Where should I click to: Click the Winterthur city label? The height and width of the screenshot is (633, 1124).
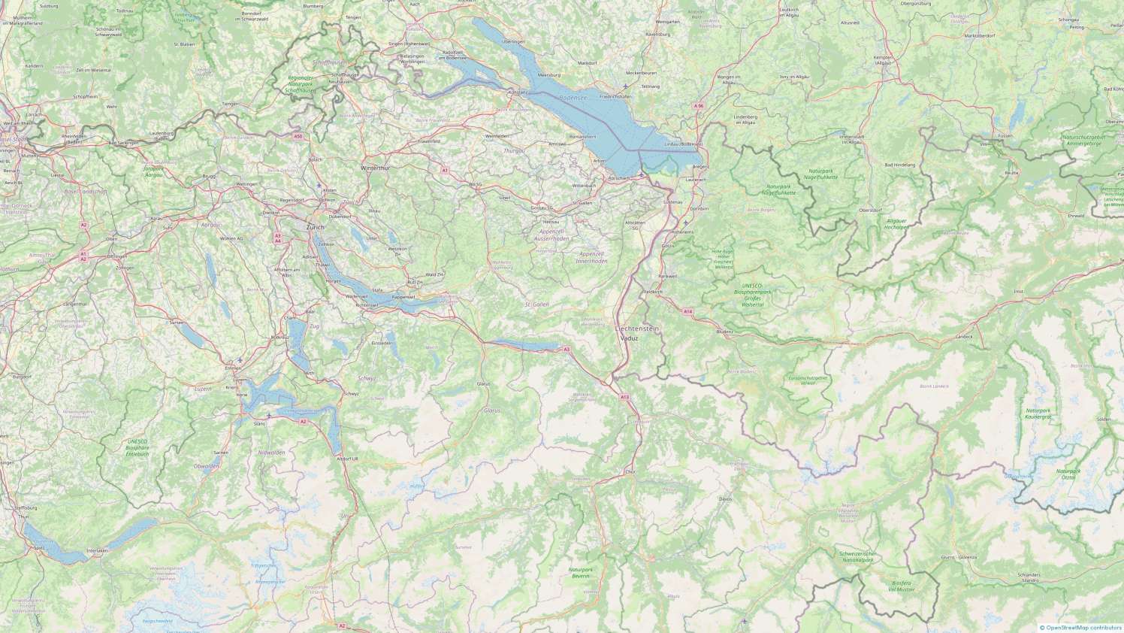[376, 168]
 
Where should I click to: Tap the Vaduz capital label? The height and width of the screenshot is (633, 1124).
[630, 338]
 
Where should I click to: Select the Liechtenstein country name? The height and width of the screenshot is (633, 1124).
[636, 329]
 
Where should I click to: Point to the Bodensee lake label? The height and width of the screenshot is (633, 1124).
[573, 98]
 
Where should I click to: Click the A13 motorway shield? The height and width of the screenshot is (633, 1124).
[624, 396]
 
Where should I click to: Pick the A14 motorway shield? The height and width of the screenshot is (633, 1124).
[687, 311]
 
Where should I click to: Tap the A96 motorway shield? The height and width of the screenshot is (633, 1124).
[699, 106]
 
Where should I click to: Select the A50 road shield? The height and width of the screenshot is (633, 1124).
[298, 136]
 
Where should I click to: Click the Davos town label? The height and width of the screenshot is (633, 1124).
[724, 498]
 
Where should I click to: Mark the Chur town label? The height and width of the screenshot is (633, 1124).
[630, 471]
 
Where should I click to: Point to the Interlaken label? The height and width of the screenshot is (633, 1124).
[98, 551]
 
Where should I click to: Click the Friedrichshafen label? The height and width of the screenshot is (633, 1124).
[615, 97]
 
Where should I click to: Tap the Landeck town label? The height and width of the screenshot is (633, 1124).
[964, 336]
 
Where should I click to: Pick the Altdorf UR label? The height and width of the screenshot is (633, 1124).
[348, 458]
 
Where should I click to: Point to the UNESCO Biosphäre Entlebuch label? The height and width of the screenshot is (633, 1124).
[137, 447]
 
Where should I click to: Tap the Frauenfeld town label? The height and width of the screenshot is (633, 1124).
[428, 141]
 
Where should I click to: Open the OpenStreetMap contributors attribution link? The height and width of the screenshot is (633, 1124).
[1083, 627]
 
